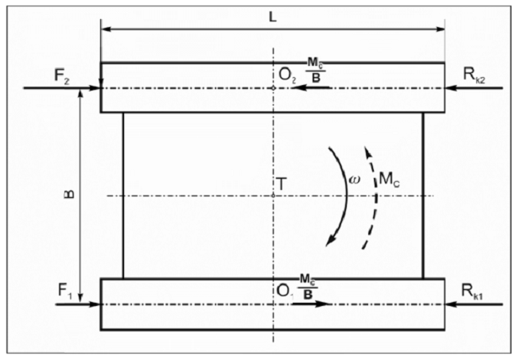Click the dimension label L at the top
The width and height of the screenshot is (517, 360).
pyautogui.click(x=273, y=17)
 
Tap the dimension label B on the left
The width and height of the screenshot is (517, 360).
pyautogui.click(x=69, y=193)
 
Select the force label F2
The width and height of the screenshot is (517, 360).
pyautogui.click(x=37, y=76)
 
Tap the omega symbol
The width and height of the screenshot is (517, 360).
pyautogui.click(x=356, y=180)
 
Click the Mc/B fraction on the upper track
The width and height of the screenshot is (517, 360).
pyautogui.click(x=316, y=71)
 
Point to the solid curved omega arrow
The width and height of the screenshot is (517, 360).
pyautogui.click(x=343, y=194)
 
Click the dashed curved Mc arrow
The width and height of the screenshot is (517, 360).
pyautogui.click(x=373, y=195)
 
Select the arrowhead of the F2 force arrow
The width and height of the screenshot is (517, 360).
pyautogui.click(x=93, y=87)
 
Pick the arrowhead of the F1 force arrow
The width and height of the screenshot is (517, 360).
pyautogui.click(x=93, y=304)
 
